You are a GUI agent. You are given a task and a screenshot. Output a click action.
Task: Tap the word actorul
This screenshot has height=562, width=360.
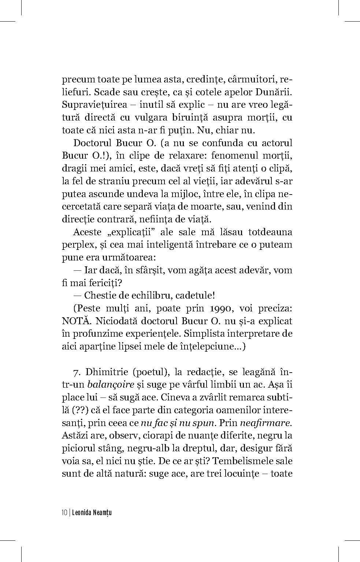pyautogui.click(x=273, y=143)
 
